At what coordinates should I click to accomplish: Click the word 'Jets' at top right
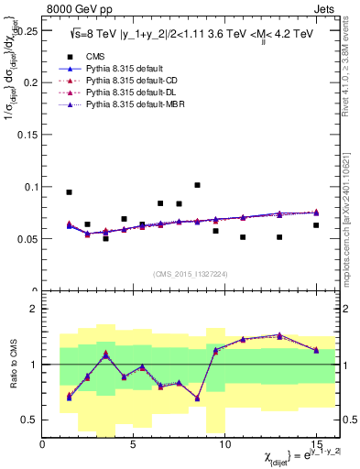click(324, 8)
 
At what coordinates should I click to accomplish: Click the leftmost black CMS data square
click(69, 192)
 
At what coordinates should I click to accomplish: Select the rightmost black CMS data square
click(316, 225)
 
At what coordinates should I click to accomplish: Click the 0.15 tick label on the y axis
click(25, 135)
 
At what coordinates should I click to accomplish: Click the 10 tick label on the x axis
click(224, 444)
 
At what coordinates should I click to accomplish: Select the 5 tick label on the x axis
click(134, 444)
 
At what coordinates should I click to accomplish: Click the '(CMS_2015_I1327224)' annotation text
click(191, 274)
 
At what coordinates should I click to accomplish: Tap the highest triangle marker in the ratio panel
click(279, 335)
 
